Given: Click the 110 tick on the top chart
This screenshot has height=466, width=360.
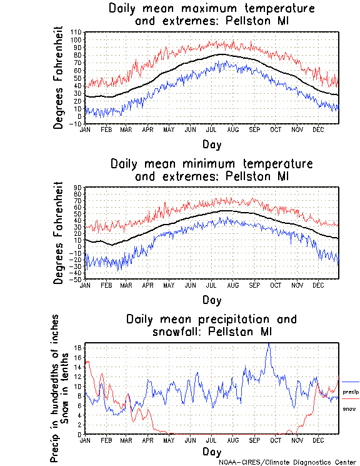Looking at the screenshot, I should coord(77,32).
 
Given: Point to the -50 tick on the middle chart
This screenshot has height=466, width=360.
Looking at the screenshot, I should coord(76,280).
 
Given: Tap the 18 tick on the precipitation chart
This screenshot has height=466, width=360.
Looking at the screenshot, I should coord(78,348).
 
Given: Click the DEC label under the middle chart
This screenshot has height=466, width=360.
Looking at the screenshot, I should coord(318,285).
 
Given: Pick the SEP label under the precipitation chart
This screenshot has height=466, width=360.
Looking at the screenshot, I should coord(254,440).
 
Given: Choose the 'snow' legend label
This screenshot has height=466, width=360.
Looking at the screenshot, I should coord(349,408).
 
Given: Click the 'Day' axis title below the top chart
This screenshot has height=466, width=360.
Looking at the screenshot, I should coord(211,144).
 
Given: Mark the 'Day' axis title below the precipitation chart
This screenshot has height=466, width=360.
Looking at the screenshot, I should coord(211,452).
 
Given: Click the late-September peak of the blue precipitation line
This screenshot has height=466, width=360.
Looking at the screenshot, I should coord(269,343).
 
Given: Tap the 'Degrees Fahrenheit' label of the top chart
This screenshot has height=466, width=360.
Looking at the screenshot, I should coord(59,77).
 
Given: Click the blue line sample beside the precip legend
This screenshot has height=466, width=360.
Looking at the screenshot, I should coord(351,382).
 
